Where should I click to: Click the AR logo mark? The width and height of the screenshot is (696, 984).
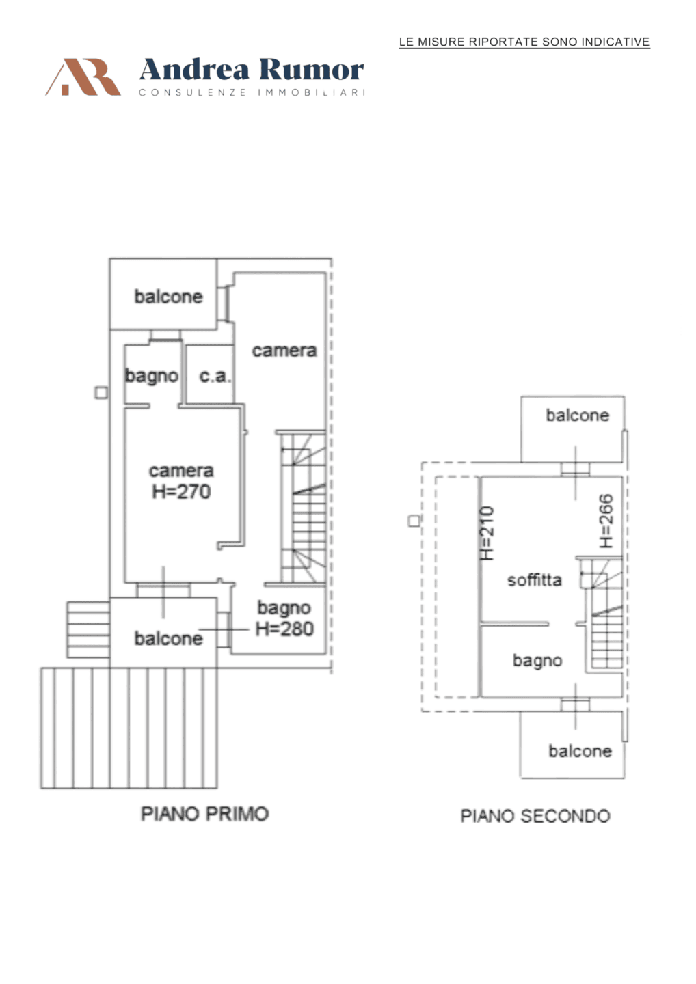pyautogui.click(x=83, y=77)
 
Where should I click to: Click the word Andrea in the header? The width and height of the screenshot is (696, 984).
pyautogui.click(x=194, y=70)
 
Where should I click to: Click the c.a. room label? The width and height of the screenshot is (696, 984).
pyautogui.click(x=215, y=376)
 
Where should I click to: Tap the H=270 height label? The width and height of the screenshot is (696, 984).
pyautogui.click(x=181, y=491)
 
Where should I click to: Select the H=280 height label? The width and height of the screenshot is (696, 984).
pyautogui.click(x=284, y=629)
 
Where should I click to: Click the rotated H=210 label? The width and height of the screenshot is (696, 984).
pyautogui.click(x=487, y=533)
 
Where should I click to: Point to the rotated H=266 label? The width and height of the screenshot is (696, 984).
pyautogui.click(x=606, y=521)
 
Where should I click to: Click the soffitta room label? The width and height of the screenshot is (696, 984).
pyautogui.click(x=535, y=580)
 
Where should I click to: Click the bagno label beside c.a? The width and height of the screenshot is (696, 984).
pyautogui.click(x=152, y=377)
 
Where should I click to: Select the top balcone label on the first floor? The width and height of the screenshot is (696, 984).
pyautogui.click(x=169, y=297)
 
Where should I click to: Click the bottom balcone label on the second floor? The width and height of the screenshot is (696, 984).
pyautogui.click(x=580, y=751)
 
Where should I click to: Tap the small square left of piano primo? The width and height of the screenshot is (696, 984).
pyautogui.click(x=101, y=393)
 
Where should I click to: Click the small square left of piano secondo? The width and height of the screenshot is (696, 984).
pyautogui.click(x=414, y=521)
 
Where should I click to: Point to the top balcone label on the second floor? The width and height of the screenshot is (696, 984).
pyautogui.click(x=578, y=415)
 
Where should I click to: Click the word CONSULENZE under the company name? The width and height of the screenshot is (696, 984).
pyautogui.click(x=192, y=92)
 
